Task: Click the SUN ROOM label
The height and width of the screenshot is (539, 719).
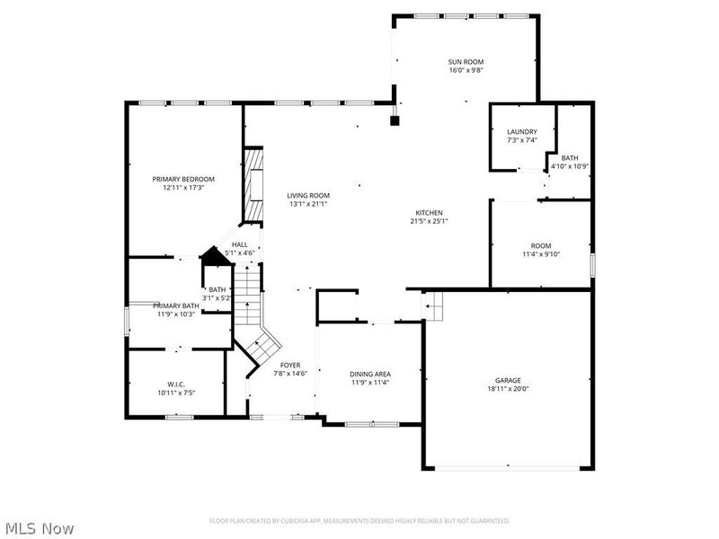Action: tap(466, 62)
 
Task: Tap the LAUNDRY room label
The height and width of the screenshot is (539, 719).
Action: tap(521, 132)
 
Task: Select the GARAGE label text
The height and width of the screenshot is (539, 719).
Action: tap(508, 381)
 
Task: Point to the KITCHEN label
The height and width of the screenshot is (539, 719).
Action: tap(429, 213)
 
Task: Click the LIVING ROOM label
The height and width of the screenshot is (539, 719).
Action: tap(308, 196)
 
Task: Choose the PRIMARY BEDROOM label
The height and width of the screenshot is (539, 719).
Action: tap(184, 179)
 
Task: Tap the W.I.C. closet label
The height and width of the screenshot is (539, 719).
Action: tap(175, 384)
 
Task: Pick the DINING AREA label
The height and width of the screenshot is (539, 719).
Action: tap(369, 374)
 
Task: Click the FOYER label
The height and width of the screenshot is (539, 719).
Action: tap(290, 365)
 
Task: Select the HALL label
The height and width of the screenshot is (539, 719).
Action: tap(240, 244)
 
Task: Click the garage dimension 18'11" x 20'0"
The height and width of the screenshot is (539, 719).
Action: tap(508, 390)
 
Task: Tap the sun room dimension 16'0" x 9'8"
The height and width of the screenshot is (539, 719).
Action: tap(466, 70)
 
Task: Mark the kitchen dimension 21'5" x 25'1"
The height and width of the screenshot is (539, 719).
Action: tap(429, 221)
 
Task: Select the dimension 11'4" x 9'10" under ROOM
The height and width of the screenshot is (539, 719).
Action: tap(540, 254)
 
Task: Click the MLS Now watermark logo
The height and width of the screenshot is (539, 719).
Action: tap(38, 528)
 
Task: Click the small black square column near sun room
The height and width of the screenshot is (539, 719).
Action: tap(394, 119)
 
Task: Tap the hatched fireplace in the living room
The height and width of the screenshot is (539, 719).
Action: tap(255, 185)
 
